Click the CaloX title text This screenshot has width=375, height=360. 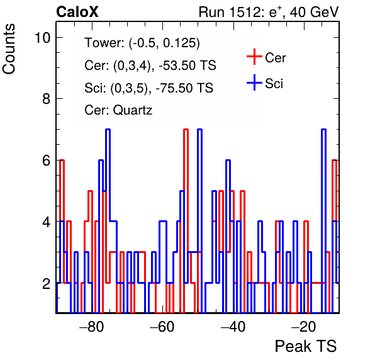point(77,12)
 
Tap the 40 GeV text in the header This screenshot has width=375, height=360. point(315,12)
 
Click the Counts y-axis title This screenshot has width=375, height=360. point(9,49)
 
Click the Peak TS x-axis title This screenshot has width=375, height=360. point(306,346)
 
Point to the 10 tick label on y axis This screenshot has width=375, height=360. point(43,38)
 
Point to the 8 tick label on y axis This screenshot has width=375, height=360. point(47,99)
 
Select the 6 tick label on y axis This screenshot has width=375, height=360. point(47,160)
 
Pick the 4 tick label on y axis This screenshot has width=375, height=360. point(47,222)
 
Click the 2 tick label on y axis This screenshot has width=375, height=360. point(47,284)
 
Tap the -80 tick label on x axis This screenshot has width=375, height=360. point(92,327)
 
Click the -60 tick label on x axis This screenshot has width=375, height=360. point(162,327)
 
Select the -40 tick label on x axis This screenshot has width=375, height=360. point(233,327)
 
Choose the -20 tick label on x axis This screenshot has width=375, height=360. point(304,327)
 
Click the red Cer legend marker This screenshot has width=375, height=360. point(254,57)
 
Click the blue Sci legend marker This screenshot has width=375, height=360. point(254,82)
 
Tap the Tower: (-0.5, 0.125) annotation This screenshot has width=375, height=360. point(142,43)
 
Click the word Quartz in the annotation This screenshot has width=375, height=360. point(133,110)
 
